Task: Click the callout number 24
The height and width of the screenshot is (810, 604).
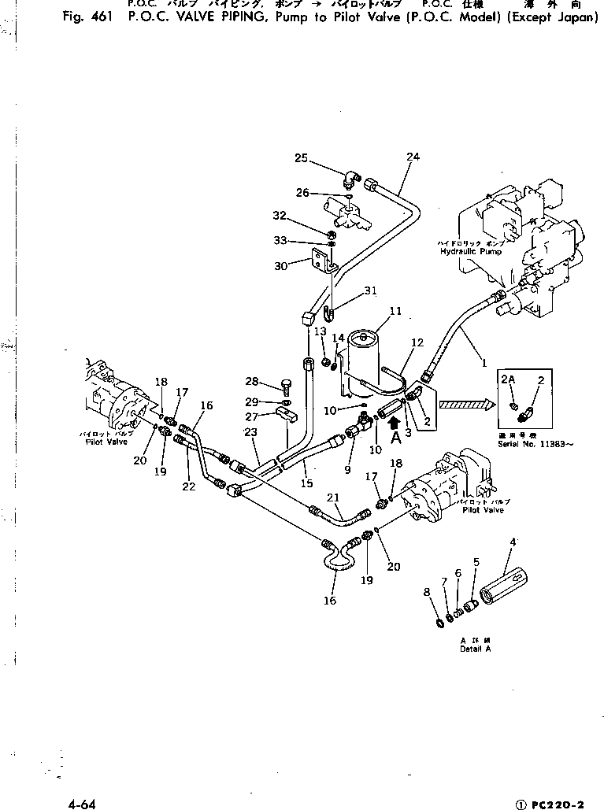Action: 413,157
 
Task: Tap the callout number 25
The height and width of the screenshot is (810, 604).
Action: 301,158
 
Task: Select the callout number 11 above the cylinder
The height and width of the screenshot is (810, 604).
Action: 395,312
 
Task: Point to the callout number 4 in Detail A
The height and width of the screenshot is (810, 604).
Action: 513,542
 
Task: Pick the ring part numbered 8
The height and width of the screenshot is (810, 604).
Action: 439,624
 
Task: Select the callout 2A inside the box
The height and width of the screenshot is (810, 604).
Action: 509,379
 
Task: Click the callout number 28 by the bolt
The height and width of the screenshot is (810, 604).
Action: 251,382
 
